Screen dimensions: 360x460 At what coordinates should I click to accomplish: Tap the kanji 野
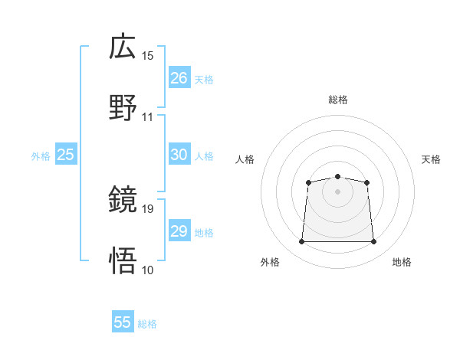[x=123, y=107]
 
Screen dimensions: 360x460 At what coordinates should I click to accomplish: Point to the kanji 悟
[x=123, y=260]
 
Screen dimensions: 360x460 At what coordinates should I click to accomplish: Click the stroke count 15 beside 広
[x=148, y=56]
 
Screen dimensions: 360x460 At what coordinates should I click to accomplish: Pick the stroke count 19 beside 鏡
[x=148, y=208]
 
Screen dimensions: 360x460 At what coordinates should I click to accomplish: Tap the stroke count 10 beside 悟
[x=148, y=269]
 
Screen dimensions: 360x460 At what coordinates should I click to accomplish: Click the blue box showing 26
[x=179, y=78]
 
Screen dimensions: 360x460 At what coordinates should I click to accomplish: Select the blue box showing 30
[x=179, y=155]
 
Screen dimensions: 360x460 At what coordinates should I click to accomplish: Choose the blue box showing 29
[x=179, y=231]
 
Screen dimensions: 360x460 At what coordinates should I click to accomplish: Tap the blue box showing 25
[x=65, y=155]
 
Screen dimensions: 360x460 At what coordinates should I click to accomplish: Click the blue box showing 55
[x=123, y=322]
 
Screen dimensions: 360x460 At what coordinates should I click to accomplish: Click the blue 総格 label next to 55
[x=147, y=324]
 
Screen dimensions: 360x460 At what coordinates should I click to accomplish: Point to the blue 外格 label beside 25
[x=41, y=156]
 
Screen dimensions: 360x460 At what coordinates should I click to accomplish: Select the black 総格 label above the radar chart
[x=337, y=100]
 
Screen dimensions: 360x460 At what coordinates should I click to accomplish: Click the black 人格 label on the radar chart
[x=245, y=159]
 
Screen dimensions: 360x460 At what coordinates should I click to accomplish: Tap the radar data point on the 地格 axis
[x=373, y=242]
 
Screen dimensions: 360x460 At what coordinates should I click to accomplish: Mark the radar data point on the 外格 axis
[x=301, y=242]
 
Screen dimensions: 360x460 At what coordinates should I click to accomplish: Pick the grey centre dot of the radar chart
[x=337, y=191]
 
